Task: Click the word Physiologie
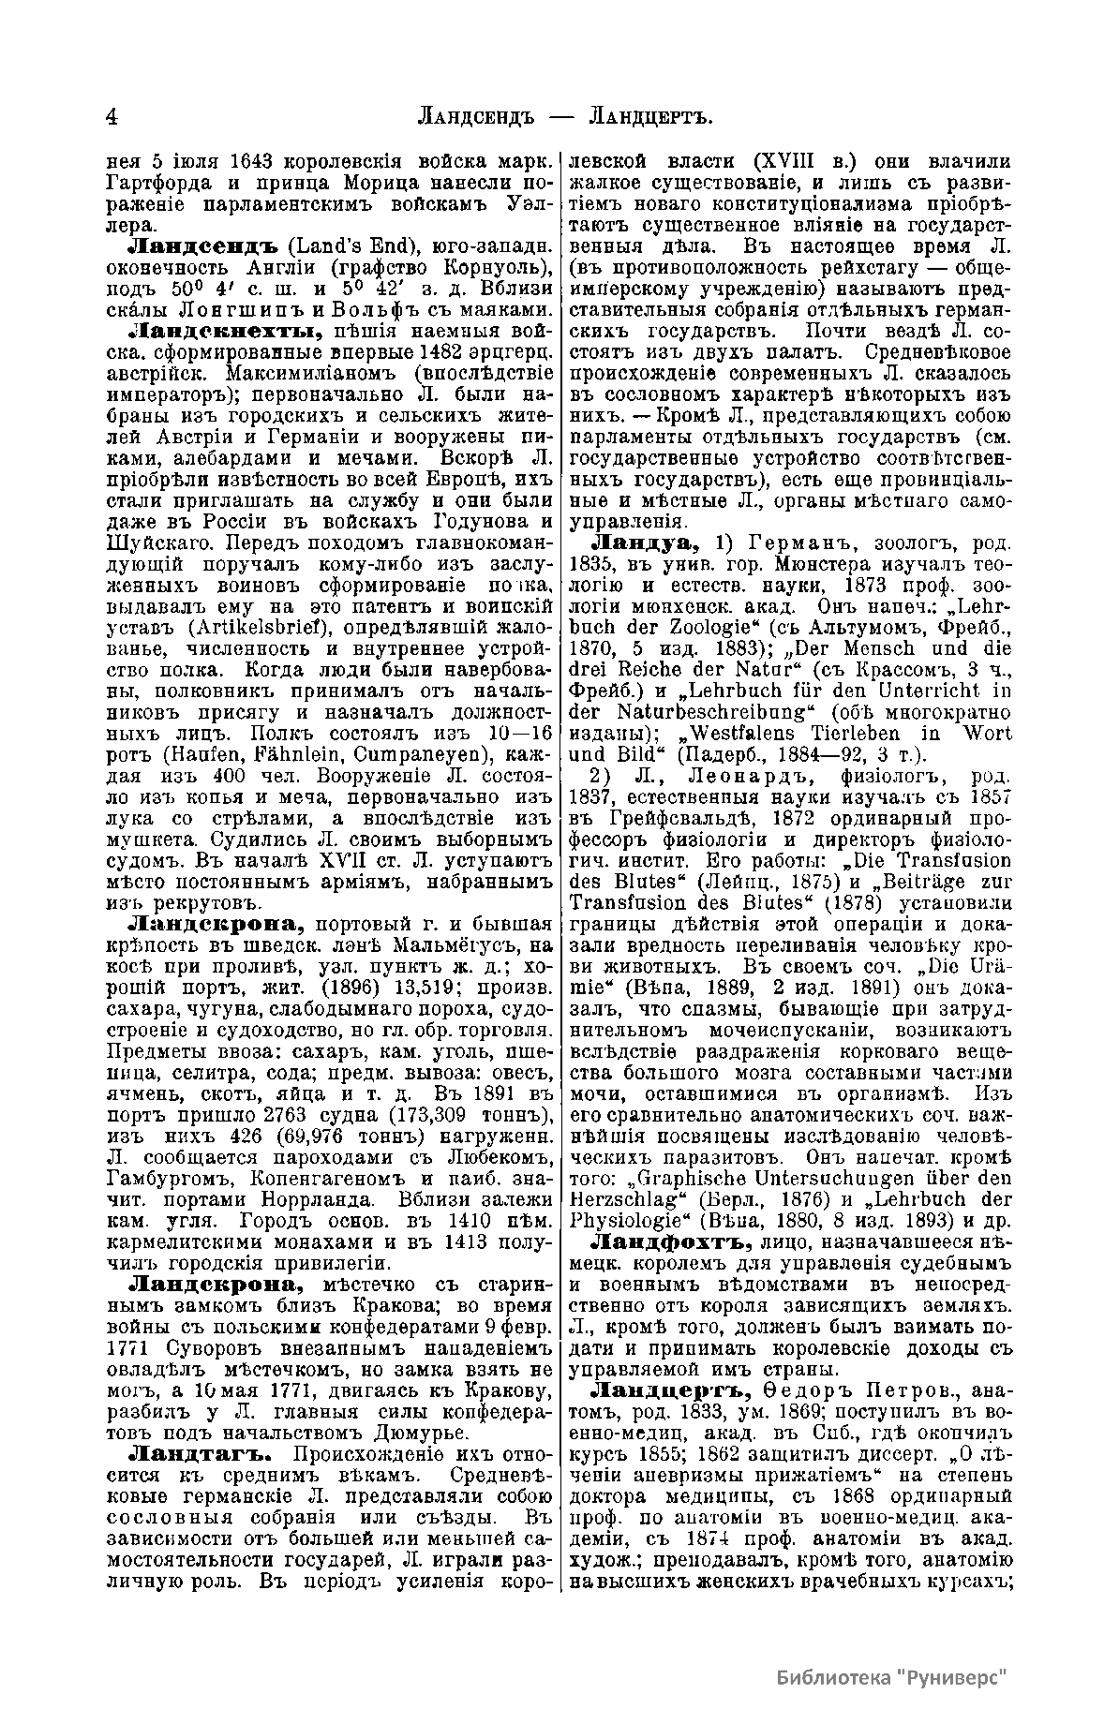621,1220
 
